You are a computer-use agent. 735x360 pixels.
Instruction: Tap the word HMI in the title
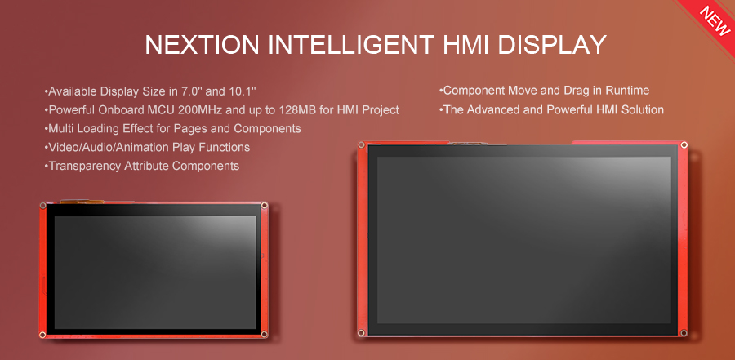(461, 45)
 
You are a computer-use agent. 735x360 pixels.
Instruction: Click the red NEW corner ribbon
(713, 18)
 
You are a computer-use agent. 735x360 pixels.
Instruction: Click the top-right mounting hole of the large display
(684, 145)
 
